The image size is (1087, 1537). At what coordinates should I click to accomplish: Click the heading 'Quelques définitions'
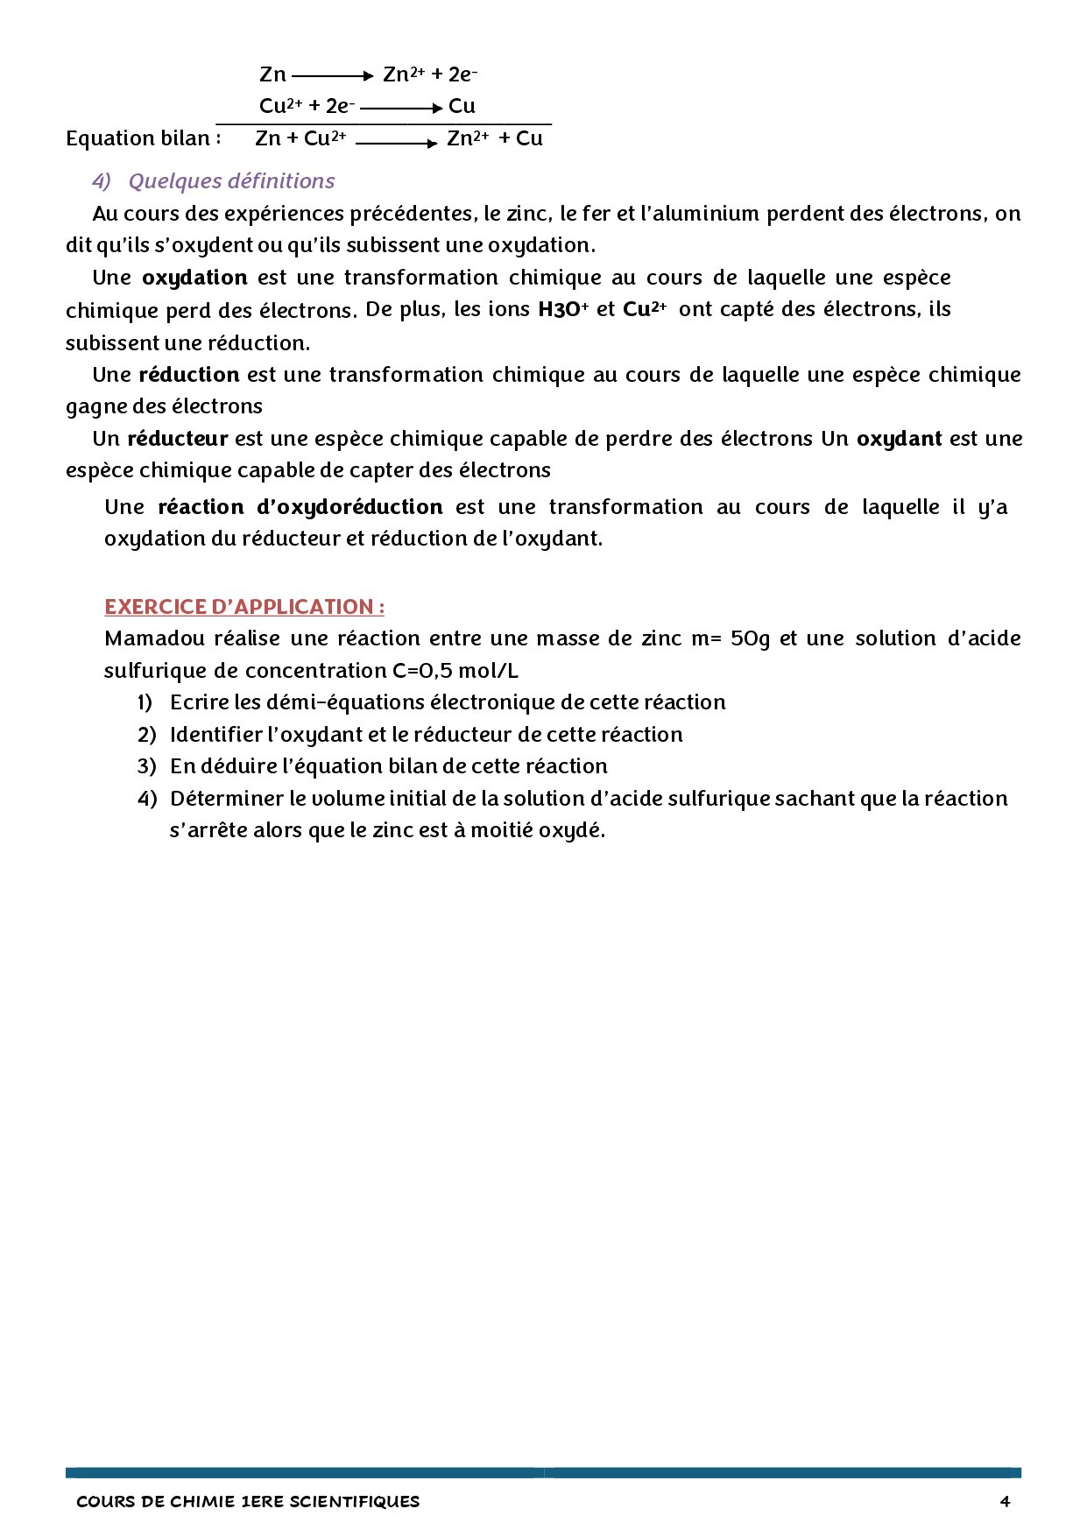pos(231,181)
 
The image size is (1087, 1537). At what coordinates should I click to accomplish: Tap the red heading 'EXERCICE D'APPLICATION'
pos(244,607)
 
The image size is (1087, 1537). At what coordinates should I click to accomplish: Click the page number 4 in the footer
pos(1005,1501)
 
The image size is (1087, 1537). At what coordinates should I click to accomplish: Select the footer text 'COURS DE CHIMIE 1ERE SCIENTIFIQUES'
pos(248,1501)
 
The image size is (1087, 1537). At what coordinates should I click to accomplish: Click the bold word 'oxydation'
pos(194,278)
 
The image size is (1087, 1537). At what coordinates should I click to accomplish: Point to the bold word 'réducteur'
pos(178,438)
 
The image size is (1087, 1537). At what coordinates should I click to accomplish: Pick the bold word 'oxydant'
pos(899,438)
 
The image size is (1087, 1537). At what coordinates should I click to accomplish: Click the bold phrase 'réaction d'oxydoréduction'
pos(300,507)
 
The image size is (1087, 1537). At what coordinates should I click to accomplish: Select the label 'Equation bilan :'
pos(143,138)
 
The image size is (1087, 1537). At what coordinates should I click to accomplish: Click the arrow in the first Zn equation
pos(333,76)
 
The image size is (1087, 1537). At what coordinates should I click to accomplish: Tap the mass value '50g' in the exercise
pos(750,638)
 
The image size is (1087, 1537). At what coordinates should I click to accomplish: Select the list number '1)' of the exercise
pos(145,702)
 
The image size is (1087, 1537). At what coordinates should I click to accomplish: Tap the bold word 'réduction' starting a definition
pos(189,375)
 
